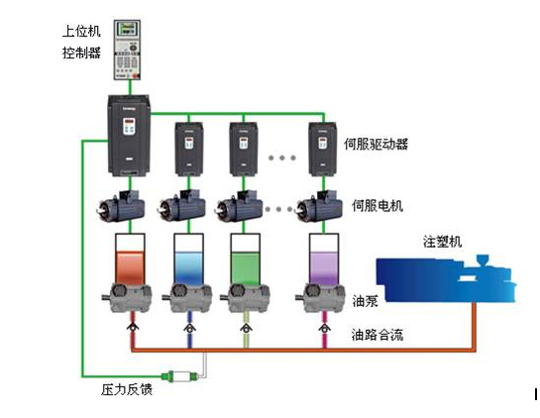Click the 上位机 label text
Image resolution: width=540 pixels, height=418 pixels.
coord(81,31)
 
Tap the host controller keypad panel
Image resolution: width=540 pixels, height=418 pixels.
coord(128,50)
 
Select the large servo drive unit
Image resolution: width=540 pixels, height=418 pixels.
coord(129,136)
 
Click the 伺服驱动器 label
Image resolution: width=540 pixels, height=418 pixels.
coord(377,144)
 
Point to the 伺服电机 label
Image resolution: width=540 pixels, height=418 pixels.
coord(378,206)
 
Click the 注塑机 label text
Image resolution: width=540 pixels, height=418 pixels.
coord(442,242)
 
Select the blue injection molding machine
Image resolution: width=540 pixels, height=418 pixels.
coord(446,279)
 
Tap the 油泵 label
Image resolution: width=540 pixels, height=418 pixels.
coord(365,301)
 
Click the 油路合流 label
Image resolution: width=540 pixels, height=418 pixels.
coord(378,335)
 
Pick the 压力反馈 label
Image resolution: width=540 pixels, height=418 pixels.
coord(127,389)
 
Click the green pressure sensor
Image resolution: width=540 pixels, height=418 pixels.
coord(180,376)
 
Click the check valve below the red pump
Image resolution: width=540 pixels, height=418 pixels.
coord(133,327)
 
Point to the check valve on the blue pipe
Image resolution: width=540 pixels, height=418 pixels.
coord(189,328)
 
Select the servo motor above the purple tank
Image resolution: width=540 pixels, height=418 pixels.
coord(319,206)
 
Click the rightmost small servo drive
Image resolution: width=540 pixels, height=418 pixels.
coord(322,149)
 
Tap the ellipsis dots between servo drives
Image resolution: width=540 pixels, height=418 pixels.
coord(282,157)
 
